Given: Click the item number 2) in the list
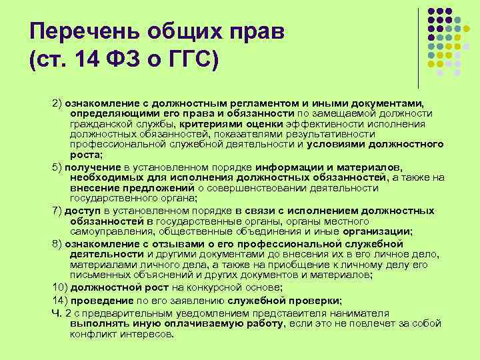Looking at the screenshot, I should pyautogui.click(x=57, y=104).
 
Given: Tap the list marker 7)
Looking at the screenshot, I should pyautogui.click(x=57, y=211).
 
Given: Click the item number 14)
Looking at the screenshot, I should pyautogui.click(x=60, y=301).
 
